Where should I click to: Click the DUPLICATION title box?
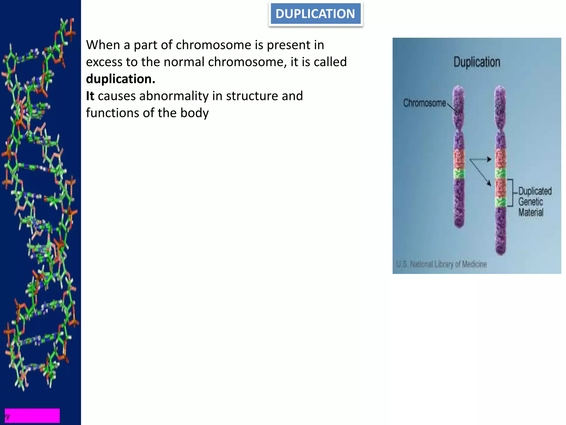coord(315,14)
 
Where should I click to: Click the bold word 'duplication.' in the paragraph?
coord(120,79)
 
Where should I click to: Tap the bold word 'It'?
coord(90,96)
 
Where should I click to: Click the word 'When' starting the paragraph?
coord(103,45)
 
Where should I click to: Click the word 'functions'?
coord(112,113)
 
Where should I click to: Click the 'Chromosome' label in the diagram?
coord(424,103)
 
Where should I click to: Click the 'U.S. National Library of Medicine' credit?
coord(441,264)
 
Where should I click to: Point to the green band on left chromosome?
coord(459,174)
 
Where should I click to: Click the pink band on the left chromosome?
coord(459,159)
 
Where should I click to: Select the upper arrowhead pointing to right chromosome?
coord(489,159)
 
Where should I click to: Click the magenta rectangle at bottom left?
coord(32,415)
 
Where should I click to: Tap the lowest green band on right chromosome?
coord(500,203)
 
